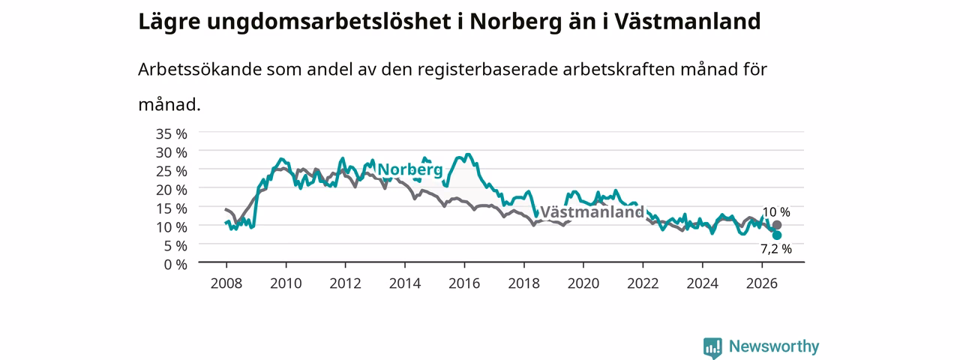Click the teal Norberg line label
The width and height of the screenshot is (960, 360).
click(x=409, y=169)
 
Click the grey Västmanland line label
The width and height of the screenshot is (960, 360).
click(x=592, y=211)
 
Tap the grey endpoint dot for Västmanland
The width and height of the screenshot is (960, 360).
click(x=776, y=225)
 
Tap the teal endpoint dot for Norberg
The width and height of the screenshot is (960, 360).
click(x=776, y=235)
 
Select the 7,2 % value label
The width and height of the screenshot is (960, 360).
click(x=776, y=249)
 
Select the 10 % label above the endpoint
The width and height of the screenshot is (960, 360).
click(x=776, y=211)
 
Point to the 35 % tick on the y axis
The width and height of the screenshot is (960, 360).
click(x=172, y=133)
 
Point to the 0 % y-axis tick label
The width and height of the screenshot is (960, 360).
click(x=175, y=265)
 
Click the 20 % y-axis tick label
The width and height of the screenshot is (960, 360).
click(x=172, y=190)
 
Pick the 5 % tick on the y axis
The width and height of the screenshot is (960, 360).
click(x=175, y=246)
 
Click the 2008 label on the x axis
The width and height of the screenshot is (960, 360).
click(x=226, y=283)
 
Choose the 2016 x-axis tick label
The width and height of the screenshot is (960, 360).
click(x=464, y=283)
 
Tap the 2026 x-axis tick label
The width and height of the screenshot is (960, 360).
click(x=762, y=283)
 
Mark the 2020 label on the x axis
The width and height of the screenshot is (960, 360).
click(x=583, y=283)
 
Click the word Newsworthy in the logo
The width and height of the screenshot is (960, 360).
click(x=774, y=346)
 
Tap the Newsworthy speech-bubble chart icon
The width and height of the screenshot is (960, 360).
click(x=712, y=347)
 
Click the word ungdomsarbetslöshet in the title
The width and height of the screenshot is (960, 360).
click(x=328, y=22)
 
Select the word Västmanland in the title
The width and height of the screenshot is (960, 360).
click(x=688, y=21)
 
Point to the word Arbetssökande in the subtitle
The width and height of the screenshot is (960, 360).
click(x=199, y=69)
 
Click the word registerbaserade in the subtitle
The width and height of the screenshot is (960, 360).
click(x=487, y=70)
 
